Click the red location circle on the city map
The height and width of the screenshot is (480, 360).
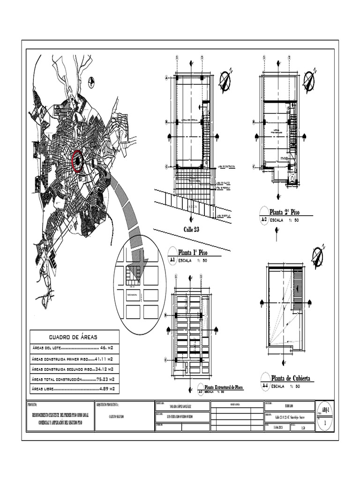(77, 161)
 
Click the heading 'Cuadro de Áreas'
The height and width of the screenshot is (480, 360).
(74, 337)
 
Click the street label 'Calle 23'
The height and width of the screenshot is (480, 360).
(191, 229)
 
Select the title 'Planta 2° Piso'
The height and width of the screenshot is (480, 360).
(284, 212)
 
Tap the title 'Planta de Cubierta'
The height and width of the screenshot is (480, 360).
(290, 378)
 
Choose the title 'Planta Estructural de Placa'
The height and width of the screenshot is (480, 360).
(223, 387)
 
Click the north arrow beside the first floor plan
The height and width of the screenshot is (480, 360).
(225, 81)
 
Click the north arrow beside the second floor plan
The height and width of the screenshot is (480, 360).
(309, 81)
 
